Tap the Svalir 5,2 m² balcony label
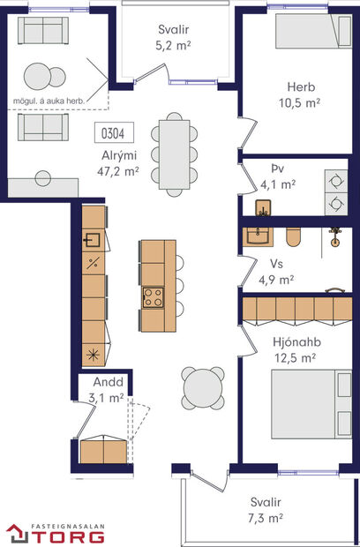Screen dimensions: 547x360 [x=173, y=36]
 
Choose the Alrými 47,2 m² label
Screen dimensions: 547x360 [x=119, y=165]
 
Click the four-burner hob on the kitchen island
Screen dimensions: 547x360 [x=153, y=296]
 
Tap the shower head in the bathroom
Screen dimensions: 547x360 [x=334, y=236]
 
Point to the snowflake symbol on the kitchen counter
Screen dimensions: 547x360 [x=93, y=355]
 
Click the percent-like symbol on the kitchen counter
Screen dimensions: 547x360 [x=93, y=263]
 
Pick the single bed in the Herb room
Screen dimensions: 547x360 [x=305, y=34]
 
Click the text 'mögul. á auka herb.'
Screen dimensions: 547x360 [x=49, y=100]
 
